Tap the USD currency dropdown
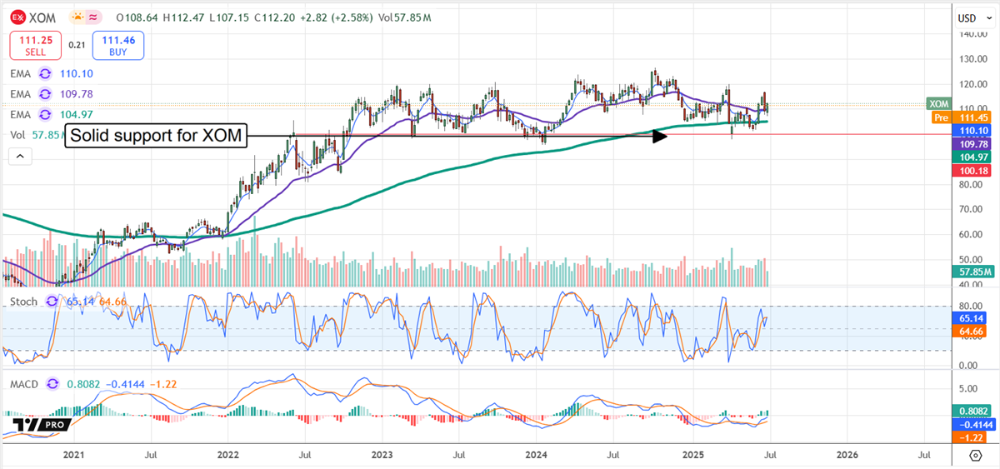click(972, 17)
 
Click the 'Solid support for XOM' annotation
click(158, 136)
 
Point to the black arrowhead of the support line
click(660, 136)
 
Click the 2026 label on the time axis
click(846, 455)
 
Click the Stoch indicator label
click(23, 302)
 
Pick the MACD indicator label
click(25, 384)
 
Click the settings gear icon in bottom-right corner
click(975, 455)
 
